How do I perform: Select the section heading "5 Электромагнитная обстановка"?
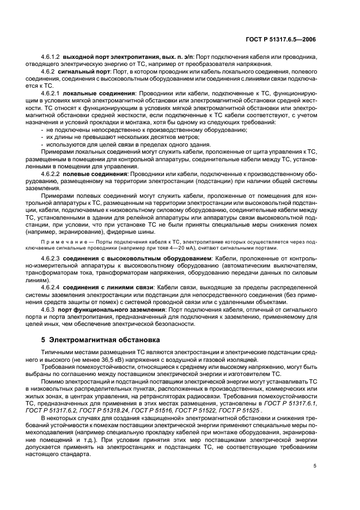(x=101, y=340)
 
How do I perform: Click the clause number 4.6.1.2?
(x=51, y=57)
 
